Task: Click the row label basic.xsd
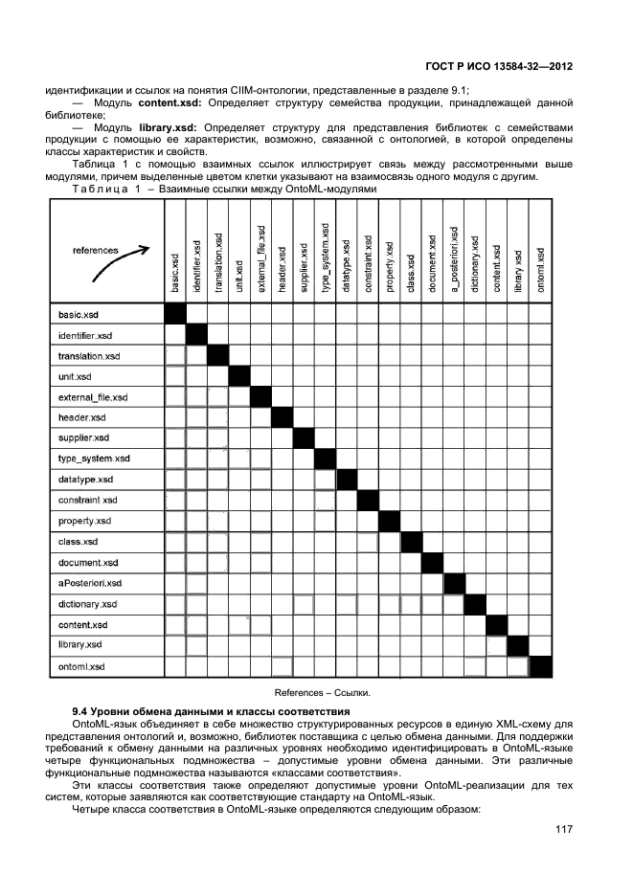79,314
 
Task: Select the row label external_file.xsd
93,396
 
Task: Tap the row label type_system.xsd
94,459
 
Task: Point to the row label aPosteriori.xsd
90,583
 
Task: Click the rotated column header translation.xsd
218,261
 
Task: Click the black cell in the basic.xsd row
175,314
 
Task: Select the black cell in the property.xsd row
390,521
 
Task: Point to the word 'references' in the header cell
96,250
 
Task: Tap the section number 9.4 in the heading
83,710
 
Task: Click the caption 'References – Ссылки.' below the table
322,691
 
